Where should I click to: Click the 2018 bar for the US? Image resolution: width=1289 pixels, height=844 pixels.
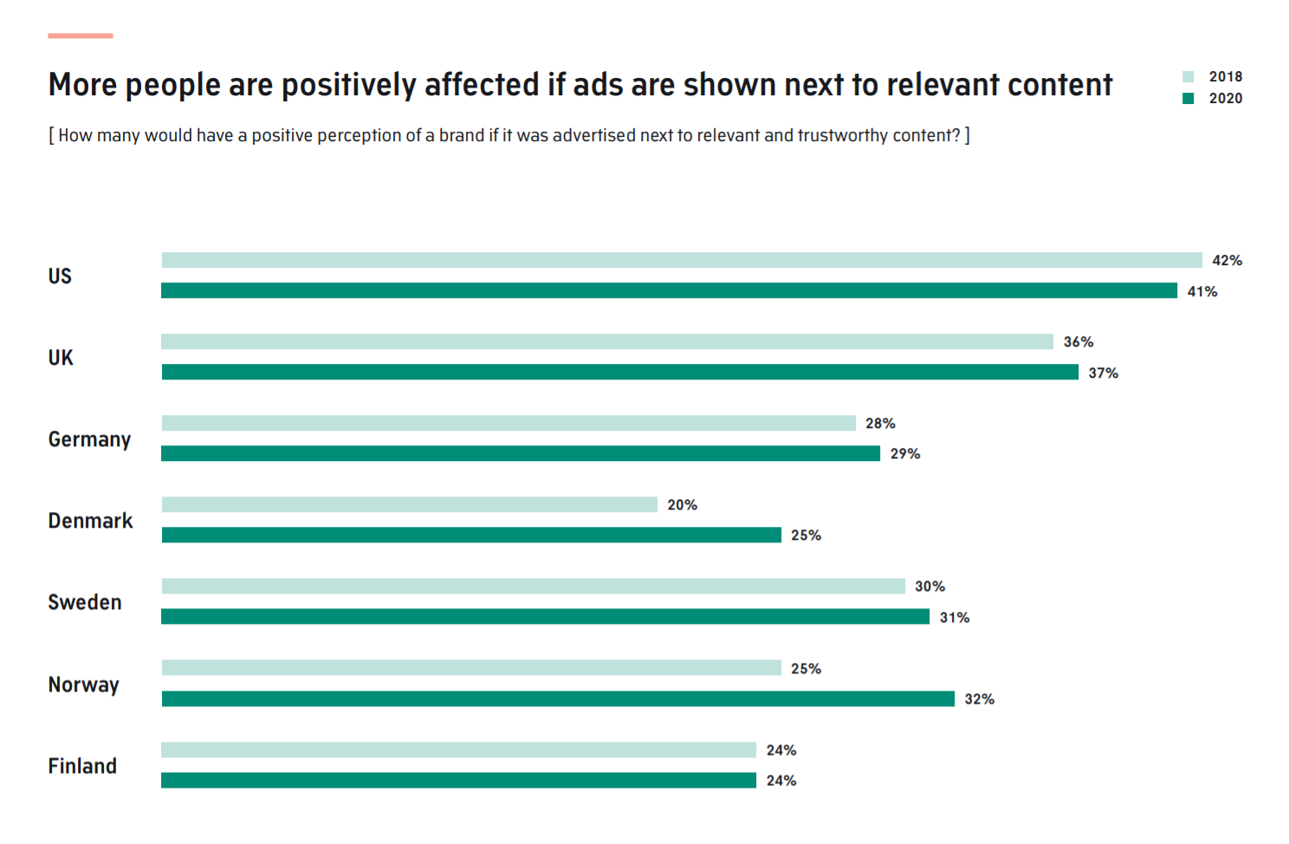coord(682,260)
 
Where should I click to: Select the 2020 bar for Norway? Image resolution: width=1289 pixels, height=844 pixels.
coord(558,698)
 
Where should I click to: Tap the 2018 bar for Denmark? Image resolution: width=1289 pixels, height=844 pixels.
coord(409,504)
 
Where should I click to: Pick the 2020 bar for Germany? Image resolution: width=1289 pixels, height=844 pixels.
coord(521,453)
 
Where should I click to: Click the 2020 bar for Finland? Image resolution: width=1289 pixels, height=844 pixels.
coord(458,780)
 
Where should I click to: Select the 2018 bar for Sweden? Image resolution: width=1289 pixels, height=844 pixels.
coord(533,586)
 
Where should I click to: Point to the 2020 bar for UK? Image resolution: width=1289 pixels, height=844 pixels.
coord(619,372)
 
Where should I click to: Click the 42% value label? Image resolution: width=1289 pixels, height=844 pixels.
coord(1227,260)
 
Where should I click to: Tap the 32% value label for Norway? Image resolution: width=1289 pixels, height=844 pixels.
coord(979,698)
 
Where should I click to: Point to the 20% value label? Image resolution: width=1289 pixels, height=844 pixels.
coord(682,504)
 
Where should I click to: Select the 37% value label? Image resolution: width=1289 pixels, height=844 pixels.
coord(1103,373)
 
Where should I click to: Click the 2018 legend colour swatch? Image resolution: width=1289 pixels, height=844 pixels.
coord(1188,76)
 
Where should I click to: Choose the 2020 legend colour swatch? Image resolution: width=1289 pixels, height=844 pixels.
coord(1188,98)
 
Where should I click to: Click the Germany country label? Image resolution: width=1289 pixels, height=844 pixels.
coord(89,439)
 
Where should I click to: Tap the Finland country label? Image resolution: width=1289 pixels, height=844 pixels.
coord(82,766)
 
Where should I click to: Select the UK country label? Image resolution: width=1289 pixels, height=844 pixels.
coord(61,358)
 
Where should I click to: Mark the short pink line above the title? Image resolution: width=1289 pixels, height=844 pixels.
coord(81,36)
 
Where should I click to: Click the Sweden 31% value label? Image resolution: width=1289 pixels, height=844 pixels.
coord(954,618)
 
